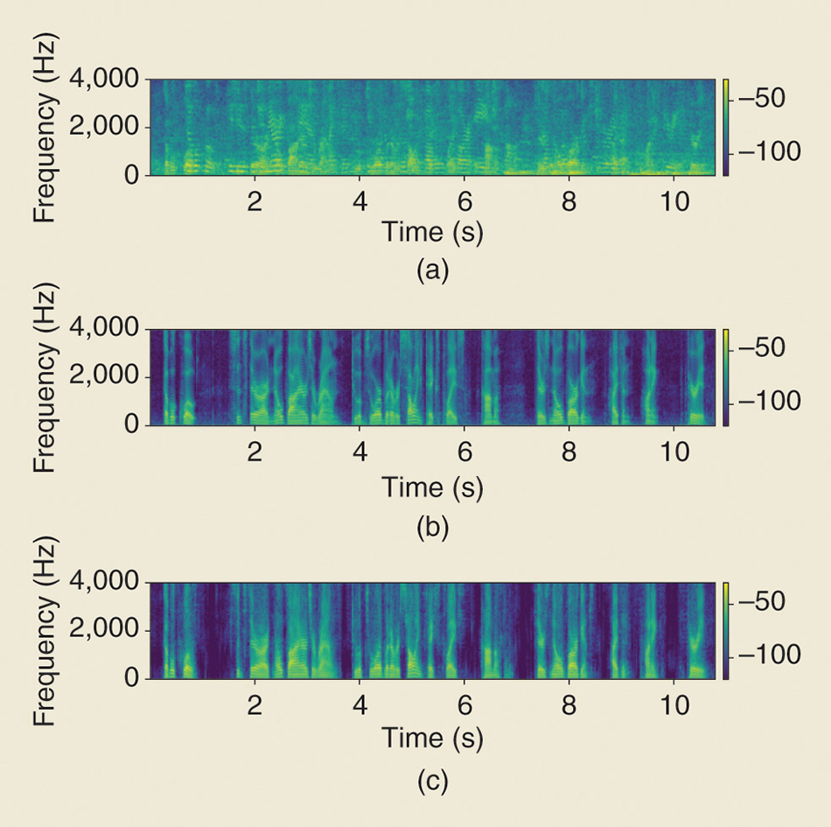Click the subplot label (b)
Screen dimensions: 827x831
click(432, 528)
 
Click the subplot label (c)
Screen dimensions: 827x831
click(432, 781)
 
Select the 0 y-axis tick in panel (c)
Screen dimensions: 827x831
click(131, 678)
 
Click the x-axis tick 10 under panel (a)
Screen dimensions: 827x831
click(674, 198)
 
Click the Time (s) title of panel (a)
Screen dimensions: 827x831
click(432, 232)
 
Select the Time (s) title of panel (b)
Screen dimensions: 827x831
click(432, 486)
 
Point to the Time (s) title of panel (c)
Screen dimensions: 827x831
click(432, 739)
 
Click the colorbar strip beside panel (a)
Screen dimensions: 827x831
click(726, 127)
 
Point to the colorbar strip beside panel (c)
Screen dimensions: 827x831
click(726, 630)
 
